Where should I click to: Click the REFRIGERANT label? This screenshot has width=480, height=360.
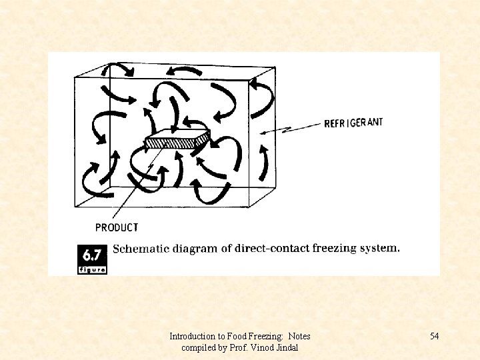(353, 123)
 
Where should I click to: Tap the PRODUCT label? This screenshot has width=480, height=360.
(117, 227)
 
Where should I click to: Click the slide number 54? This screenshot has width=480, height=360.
(434, 336)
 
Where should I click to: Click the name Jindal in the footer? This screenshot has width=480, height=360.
(286, 348)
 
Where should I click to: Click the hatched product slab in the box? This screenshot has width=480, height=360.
(177, 141)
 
